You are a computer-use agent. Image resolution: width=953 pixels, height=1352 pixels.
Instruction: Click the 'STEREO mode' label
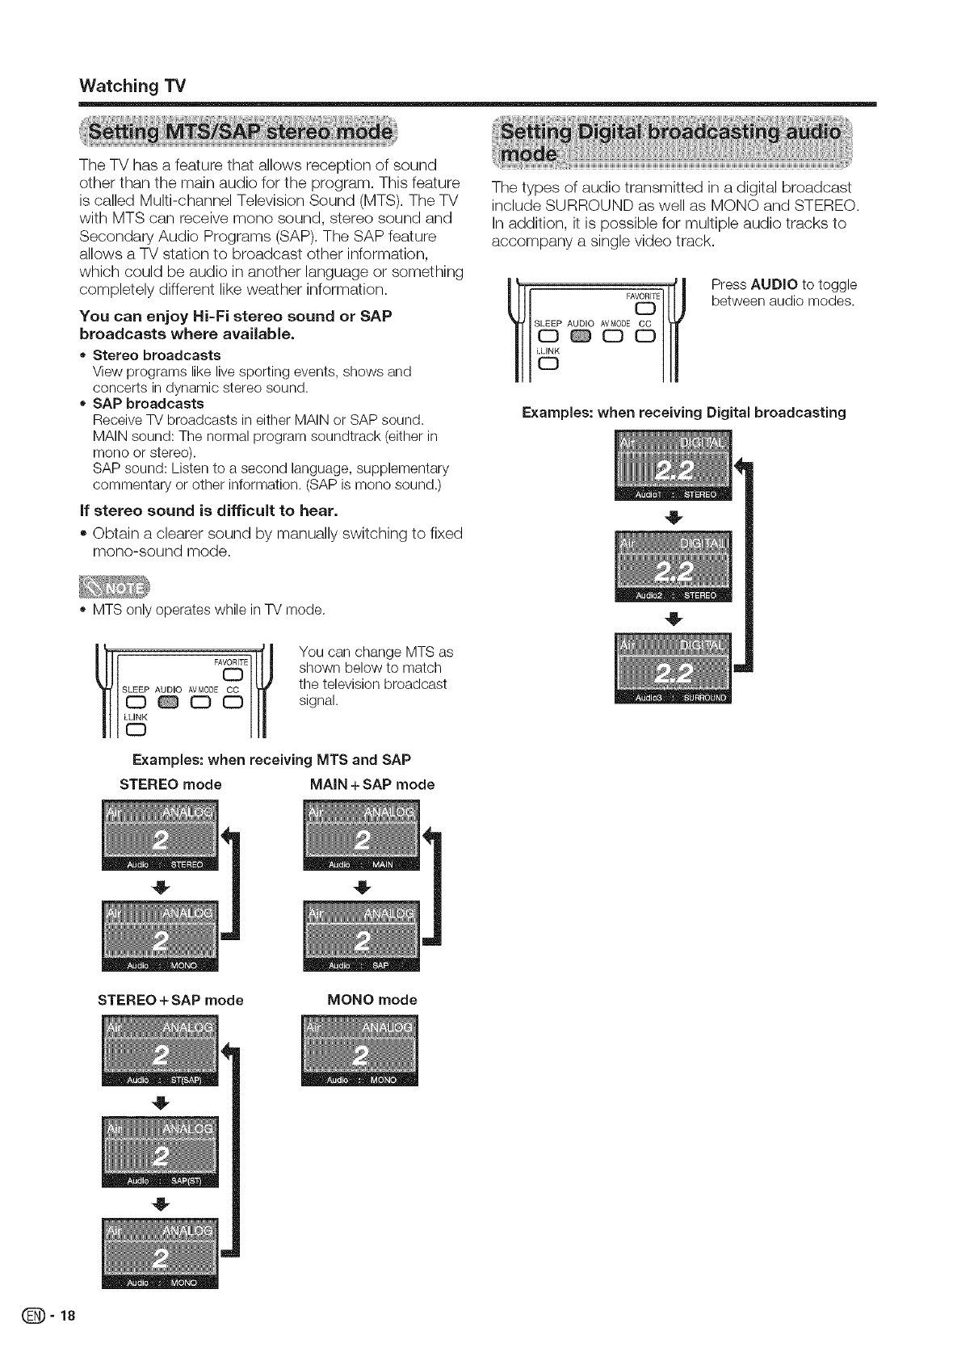170,784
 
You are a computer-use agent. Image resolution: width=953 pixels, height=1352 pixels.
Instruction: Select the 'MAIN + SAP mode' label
372,784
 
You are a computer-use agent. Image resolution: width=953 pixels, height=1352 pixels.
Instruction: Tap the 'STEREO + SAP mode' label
170,1000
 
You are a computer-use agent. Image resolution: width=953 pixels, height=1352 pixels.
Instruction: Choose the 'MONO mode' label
372,1000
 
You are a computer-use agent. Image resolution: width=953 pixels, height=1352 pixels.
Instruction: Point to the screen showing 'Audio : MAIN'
361,838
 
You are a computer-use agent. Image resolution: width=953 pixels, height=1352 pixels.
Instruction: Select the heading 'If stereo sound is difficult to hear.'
208,510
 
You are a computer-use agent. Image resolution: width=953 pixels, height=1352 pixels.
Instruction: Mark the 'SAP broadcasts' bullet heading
149,403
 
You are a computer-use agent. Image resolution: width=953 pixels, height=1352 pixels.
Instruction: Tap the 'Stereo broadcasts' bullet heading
157,355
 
